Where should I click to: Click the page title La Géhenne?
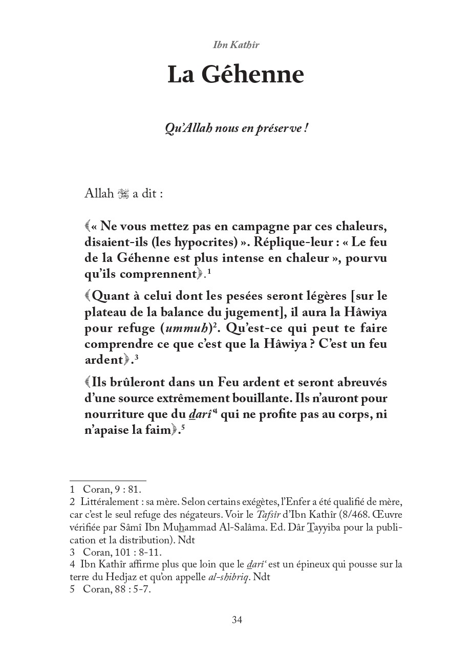[x=236, y=75]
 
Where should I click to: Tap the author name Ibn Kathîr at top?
[x=236, y=45]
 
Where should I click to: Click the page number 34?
[x=237, y=620]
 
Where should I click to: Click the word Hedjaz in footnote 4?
[x=126, y=577]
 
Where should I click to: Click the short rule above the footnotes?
[x=108, y=480]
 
